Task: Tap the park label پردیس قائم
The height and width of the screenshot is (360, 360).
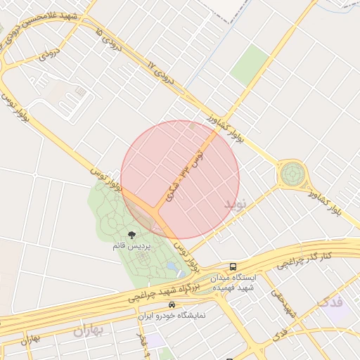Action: [x=131, y=246]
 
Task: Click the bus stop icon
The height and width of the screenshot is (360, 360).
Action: [x=233, y=266]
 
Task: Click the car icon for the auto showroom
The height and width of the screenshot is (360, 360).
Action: [x=172, y=305]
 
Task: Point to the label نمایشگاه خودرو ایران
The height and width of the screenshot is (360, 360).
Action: [x=172, y=316]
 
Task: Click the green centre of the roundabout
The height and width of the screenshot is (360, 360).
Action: [x=292, y=173]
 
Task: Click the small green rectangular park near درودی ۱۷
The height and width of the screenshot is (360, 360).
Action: [x=250, y=64]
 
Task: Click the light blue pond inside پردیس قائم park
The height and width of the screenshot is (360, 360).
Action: [x=173, y=266]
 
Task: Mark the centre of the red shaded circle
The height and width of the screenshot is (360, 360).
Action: [x=180, y=179]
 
